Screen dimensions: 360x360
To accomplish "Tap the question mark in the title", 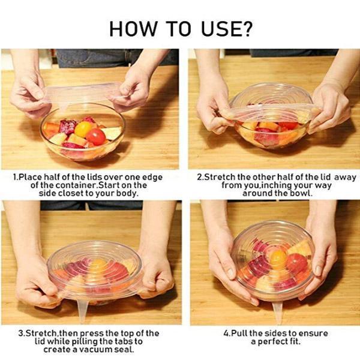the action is coord(246,29).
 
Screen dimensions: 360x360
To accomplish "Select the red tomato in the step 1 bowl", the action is coord(96,137).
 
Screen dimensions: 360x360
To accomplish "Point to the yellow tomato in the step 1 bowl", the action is coord(83,129).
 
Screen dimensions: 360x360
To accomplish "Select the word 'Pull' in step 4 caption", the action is coord(239,333).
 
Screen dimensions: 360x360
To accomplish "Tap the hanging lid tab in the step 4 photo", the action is coord(278,311).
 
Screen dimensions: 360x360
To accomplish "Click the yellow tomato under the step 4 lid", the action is coord(278,257).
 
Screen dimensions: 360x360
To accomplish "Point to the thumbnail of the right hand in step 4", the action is coord(319,270).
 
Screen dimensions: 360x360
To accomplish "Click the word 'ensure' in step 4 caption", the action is coord(314,334).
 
